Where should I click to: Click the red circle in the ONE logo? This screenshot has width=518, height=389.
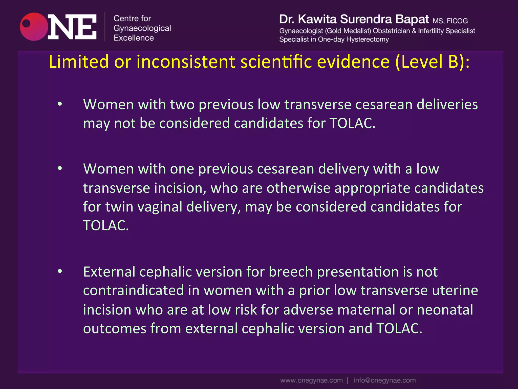34,27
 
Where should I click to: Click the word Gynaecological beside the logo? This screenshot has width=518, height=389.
142,28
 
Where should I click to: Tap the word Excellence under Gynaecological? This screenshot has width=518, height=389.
134,38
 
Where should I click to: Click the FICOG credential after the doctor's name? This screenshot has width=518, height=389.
457,21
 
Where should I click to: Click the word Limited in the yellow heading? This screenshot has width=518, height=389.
78,62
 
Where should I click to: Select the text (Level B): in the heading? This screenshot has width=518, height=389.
432,62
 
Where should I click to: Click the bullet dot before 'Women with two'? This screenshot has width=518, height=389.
60,104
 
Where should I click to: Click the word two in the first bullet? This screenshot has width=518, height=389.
182,104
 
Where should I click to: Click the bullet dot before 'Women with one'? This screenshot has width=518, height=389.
60,168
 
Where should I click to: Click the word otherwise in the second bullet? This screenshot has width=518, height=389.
298,188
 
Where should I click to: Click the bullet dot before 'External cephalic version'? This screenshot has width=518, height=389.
60,271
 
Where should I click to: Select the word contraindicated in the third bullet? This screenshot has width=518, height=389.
133,290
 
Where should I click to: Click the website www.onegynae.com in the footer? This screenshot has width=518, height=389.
311,380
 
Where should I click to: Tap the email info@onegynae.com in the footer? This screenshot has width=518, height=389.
384,380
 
